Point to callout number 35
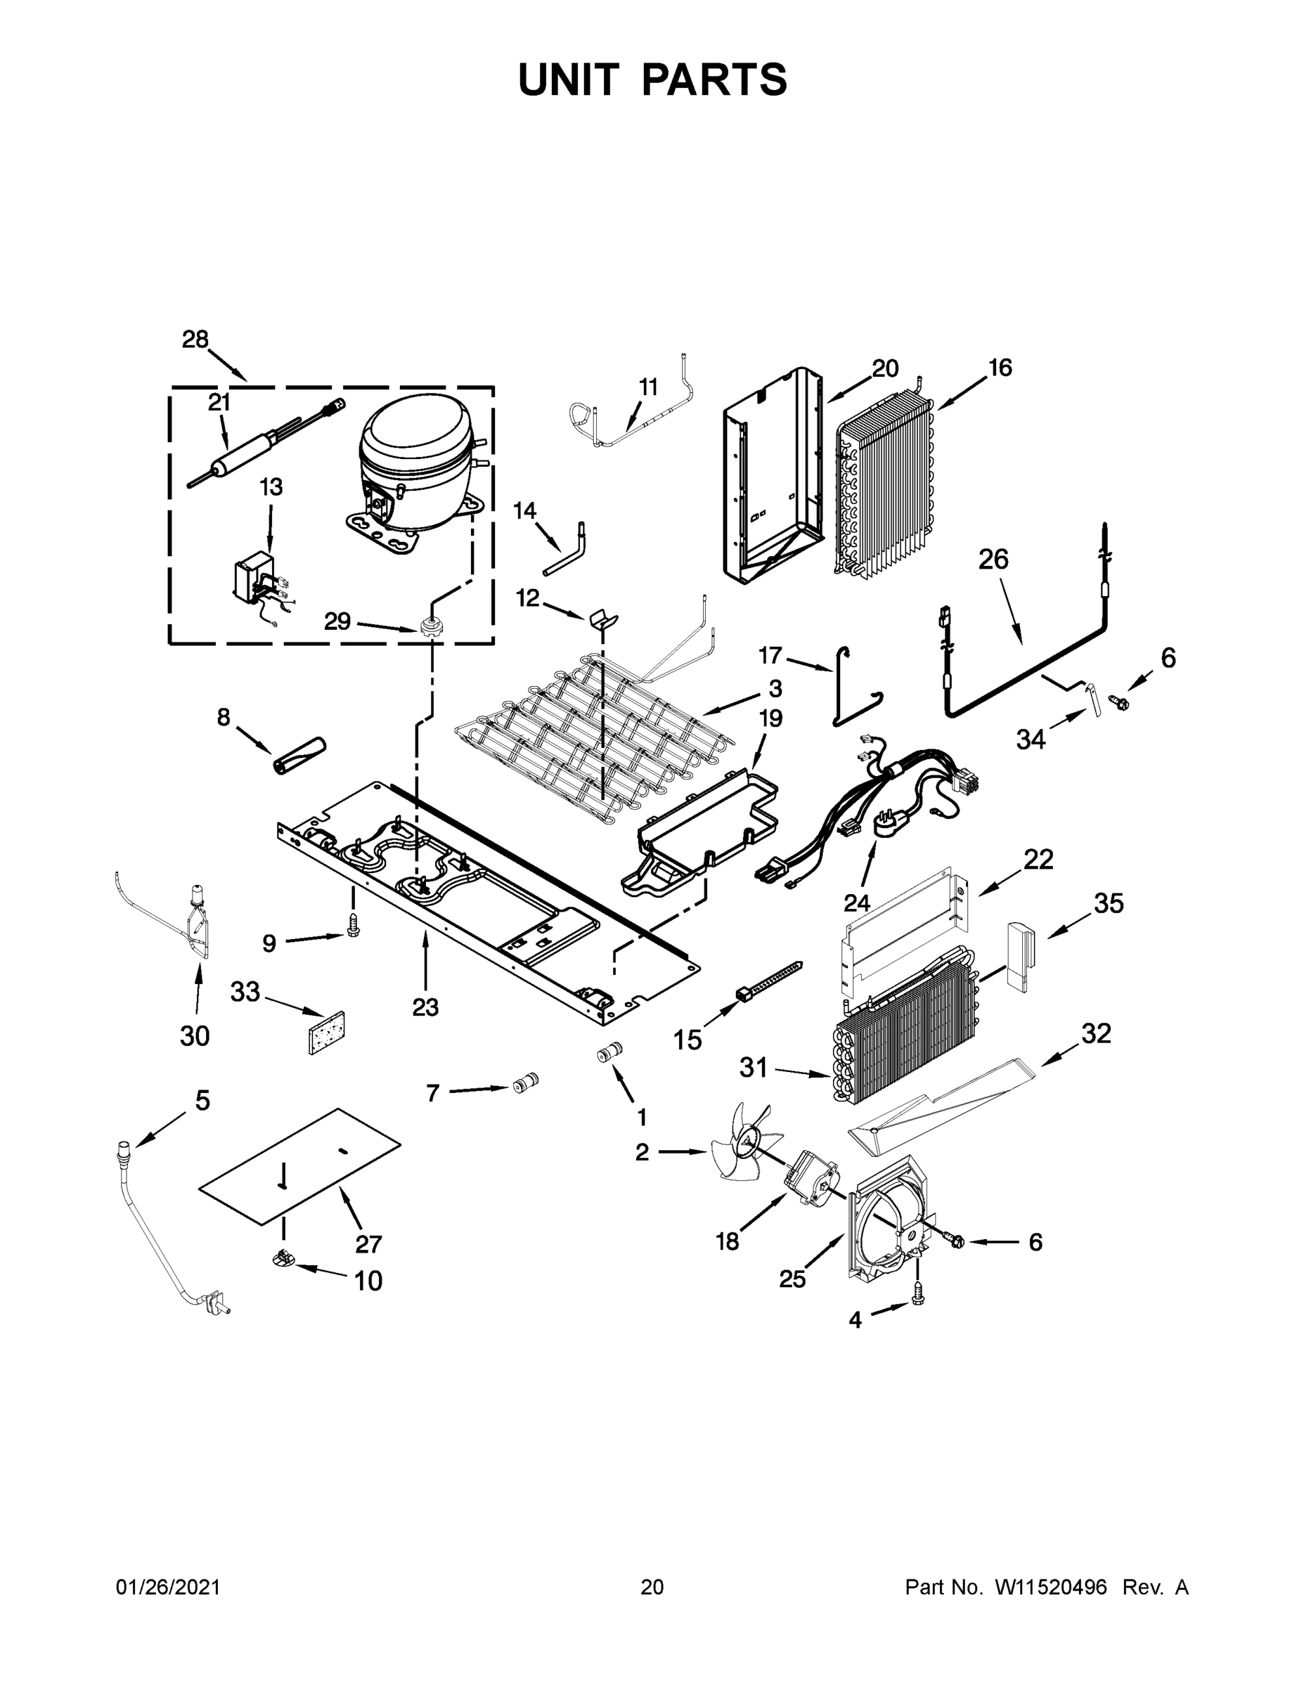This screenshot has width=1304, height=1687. [1109, 903]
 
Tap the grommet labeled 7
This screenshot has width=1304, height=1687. [525, 1083]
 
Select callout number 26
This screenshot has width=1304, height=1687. [993, 559]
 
